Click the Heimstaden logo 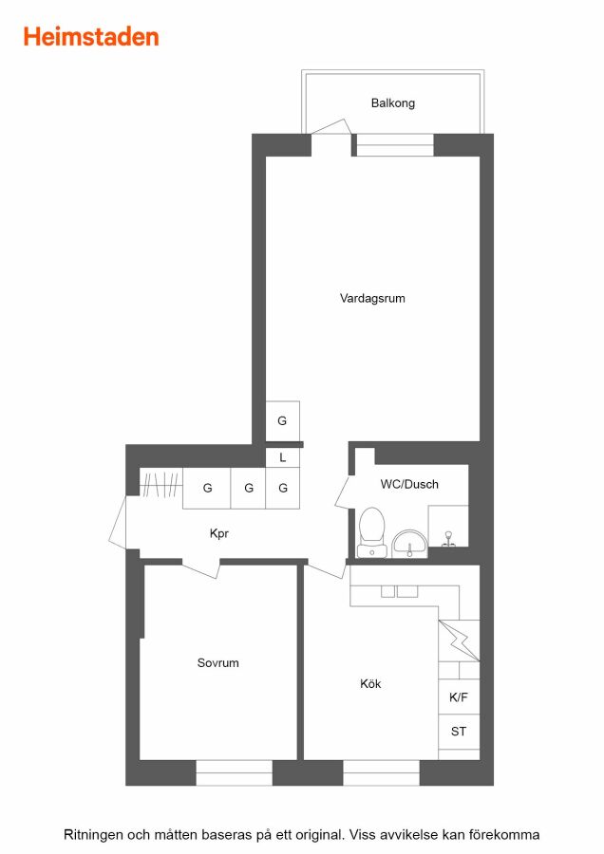[x=91, y=37]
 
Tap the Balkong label [x=393, y=102]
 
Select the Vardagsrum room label [x=372, y=299]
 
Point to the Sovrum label [x=218, y=663]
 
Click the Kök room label [x=370, y=683]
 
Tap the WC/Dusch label [x=409, y=484]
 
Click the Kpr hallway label [x=219, y=533]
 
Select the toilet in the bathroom [x=371, y=532]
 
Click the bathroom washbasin [x=410, y=544]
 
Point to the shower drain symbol [x=448, y=539]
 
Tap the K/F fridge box [x=459, y=697]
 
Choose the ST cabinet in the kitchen [x=459, y=732]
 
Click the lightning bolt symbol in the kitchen [x=459, y=640]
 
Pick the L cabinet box [x=282, y=457]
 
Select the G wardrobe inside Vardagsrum [x=282, y=420]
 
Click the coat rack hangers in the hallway [x=160, y=485]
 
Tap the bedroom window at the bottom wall [x=234, y=772]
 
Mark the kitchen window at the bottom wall [x=381, y=772]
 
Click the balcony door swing [x=330, y=127]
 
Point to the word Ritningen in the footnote [x=93, y=835]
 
